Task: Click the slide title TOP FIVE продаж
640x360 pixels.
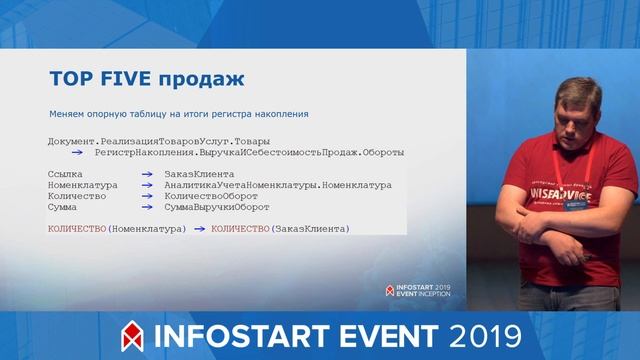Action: coord(147,79)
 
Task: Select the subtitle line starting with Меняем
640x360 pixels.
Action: coord(178,114)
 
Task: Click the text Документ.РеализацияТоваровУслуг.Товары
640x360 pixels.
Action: coord(159,141)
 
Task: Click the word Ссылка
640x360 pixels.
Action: coord(65,174)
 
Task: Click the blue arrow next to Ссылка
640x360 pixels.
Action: coord(146,174)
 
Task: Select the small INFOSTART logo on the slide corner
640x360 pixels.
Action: coord(418,291)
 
